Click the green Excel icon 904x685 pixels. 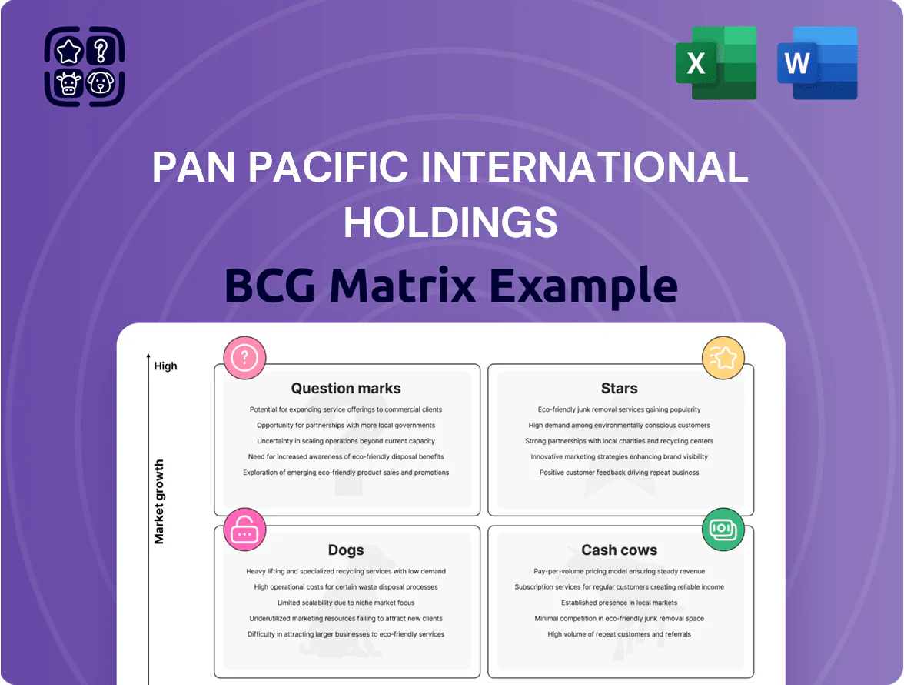click(x=716, y=63)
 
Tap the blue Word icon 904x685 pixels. click(x=817, y=63)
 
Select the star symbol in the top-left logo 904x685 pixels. click(x=68, y=51)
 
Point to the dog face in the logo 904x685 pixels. click(x=101, y=82)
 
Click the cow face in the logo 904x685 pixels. click(x=68, y=83)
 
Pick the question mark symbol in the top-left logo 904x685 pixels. click(x=101, y=51)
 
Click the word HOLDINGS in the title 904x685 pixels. click(x=450, y=222)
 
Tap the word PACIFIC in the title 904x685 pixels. click(x=329, y=167)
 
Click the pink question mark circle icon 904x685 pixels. click(x=244, y=358)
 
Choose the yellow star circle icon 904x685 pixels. click(x=723, y=358)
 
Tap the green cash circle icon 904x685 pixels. click(x=723, y=530)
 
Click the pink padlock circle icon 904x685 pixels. click(x=244, y=530)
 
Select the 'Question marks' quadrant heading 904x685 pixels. click(x=346, y=389)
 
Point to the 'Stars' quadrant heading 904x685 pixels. click(x=620, y=389)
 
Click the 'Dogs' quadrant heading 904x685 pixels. click(x=346, y=550)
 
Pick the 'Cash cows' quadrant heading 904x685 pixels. click(x=620, y=550)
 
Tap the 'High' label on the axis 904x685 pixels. click(x=165, y=366)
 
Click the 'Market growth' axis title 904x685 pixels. click(x=159, y=502)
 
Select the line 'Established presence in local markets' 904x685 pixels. click(x=620, y=603)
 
